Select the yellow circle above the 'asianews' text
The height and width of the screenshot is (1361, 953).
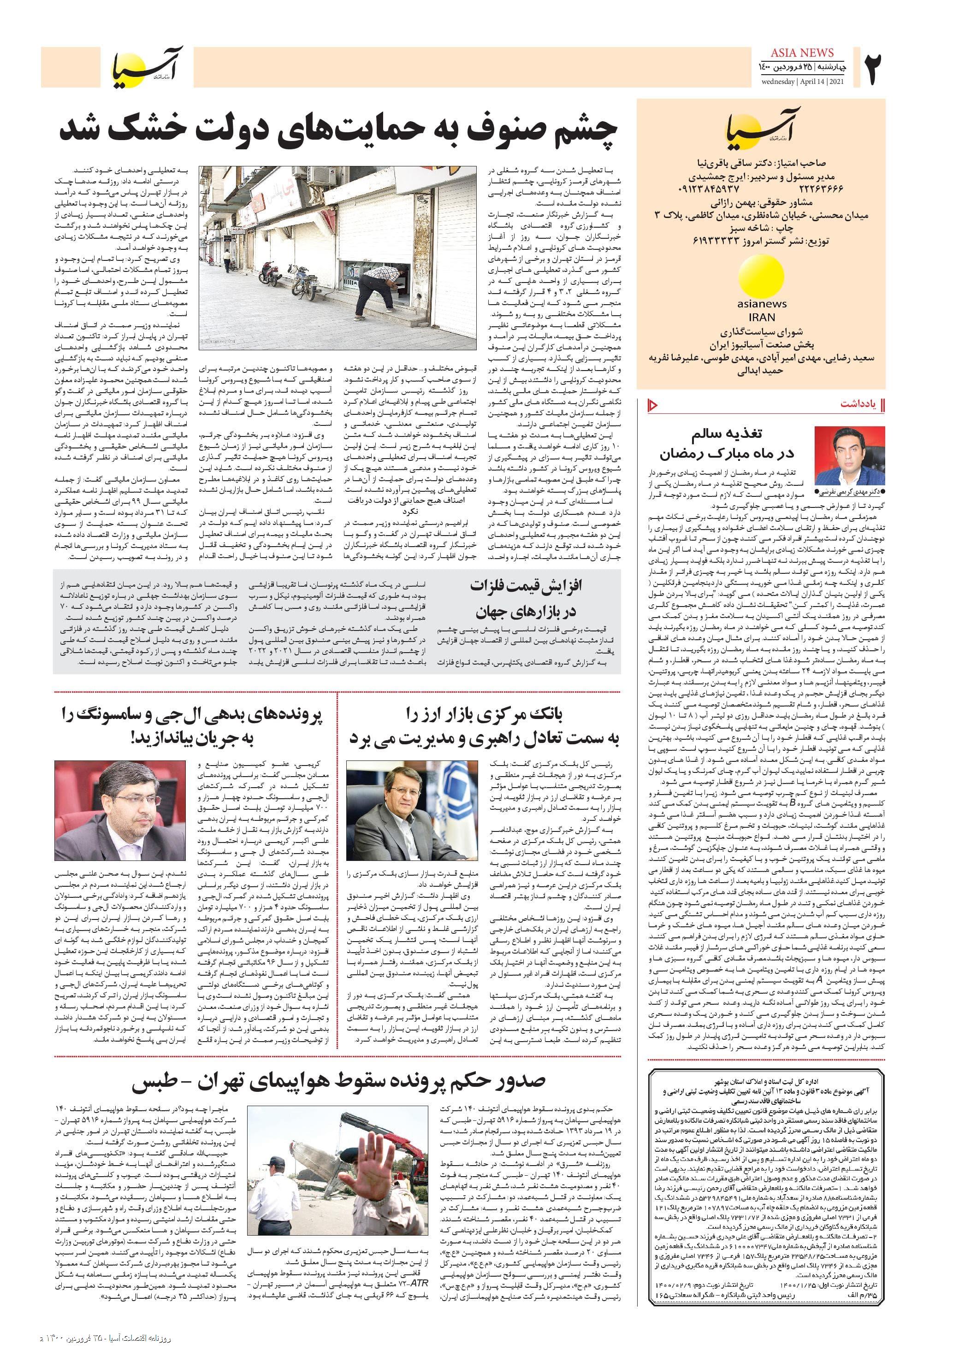point(762,276)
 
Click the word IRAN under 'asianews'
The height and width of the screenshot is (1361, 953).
point(762,317)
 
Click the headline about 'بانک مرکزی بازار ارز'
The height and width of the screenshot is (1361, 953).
point(483,727)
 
